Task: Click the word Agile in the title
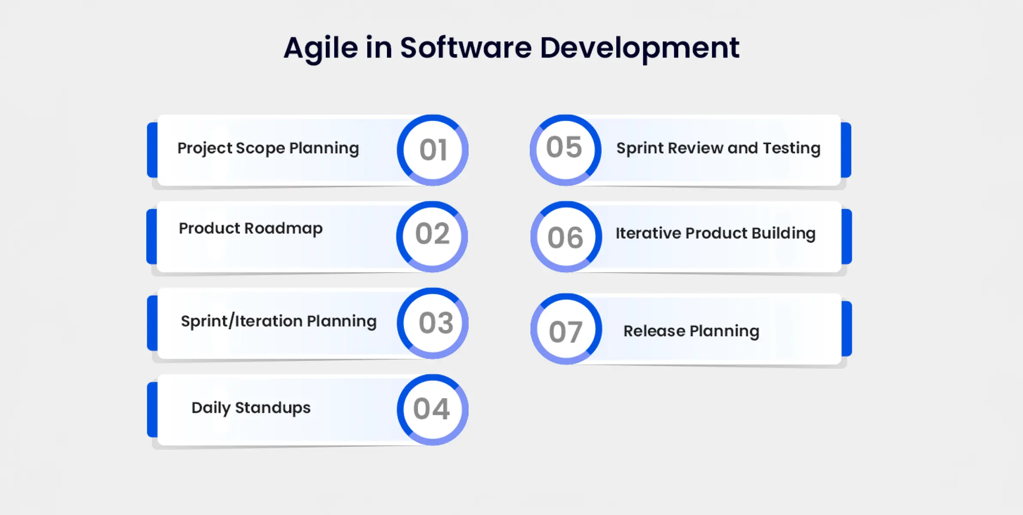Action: click(x=321, y=48)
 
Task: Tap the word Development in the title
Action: click(x=639, y=48)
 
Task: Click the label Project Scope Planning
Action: click(x=268, y=148)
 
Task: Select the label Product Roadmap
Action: click(x=251, y=228)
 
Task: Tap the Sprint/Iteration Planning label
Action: click(x=279, y=321)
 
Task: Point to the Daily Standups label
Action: click(x=251, y=408)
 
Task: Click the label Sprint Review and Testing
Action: click(x=719, y=148)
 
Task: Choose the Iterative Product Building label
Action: click(x=716, y=233)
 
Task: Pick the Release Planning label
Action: click(x=691, y=331)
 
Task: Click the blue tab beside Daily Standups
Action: click(x=152, y=410)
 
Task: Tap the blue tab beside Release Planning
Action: click(x=847, y=329)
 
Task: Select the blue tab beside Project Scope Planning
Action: click(x=152, y=150)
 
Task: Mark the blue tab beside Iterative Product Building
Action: click(x=847, y=236)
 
